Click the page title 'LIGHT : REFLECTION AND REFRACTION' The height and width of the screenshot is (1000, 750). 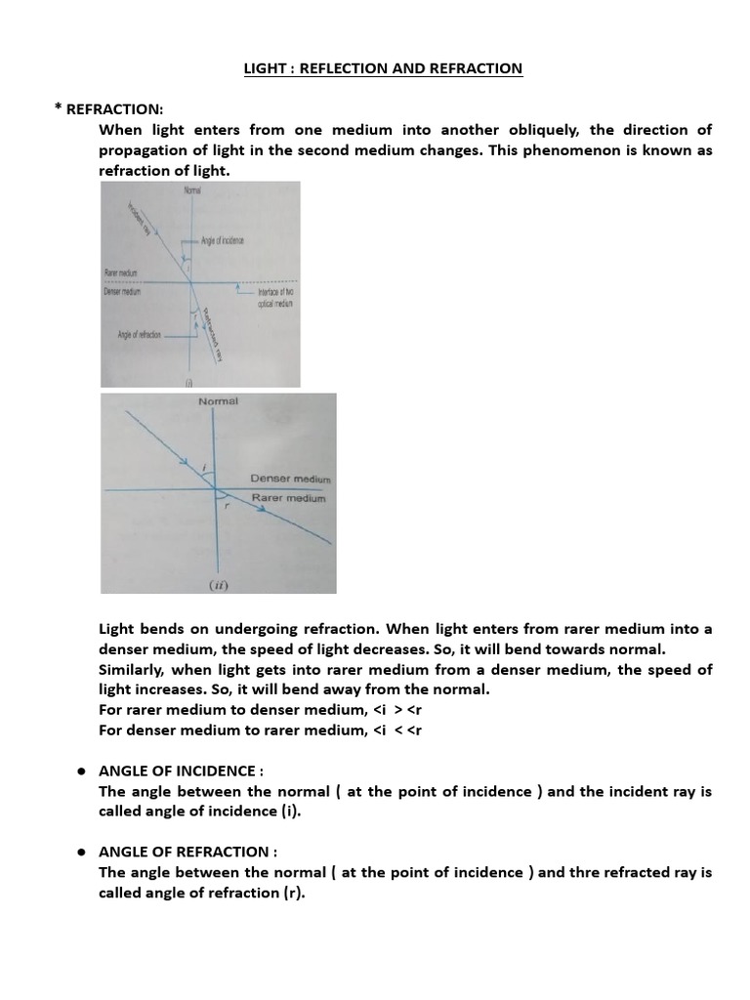(382, 68)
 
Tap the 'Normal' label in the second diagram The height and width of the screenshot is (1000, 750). (218, 401)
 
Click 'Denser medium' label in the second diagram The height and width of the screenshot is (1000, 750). (290, 479)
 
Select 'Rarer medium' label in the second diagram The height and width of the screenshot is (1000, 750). (289, 498)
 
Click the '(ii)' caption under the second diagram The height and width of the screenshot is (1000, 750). (216, 586)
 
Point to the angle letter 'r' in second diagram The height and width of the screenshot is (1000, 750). (227, 506)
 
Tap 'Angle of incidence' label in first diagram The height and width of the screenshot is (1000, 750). (224, 240)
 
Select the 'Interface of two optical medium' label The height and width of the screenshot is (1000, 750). (275, 298)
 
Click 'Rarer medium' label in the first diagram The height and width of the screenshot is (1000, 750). (123, 273)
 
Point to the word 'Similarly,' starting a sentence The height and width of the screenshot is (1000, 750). (134, 670)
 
